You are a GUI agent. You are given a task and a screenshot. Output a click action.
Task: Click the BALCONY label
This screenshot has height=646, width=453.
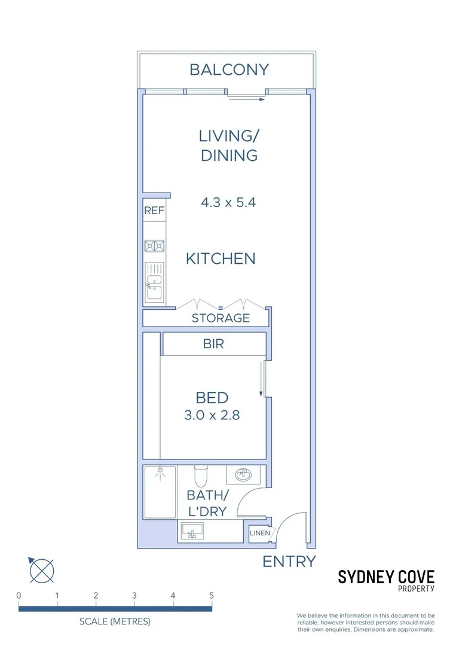click(229, 69)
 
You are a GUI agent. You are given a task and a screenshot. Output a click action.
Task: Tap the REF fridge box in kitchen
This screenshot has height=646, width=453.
click(154, 211)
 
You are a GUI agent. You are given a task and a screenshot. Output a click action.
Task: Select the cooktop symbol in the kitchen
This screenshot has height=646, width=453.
click(154, 245)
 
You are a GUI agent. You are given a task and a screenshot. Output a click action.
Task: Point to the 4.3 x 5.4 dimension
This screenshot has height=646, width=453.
click(228, 202)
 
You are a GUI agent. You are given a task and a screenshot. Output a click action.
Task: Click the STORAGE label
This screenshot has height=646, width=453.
click(221, 318)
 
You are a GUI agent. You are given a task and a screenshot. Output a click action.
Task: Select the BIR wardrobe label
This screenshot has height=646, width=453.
click(213, 345)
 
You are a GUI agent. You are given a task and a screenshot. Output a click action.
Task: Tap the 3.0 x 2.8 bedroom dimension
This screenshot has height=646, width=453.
click(212, 415)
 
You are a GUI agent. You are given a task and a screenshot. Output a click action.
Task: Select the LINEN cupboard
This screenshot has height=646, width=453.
click(259, 533)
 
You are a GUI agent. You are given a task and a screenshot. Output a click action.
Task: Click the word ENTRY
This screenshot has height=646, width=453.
click(289, 562)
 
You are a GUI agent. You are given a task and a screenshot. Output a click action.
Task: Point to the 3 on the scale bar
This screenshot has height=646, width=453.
click(134, 596)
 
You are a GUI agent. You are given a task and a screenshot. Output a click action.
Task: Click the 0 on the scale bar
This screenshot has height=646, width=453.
click(19, 596)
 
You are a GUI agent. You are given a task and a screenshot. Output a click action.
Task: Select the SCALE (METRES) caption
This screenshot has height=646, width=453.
click(115, 621)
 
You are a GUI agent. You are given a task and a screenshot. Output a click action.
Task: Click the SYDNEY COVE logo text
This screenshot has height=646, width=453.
click(386, 577)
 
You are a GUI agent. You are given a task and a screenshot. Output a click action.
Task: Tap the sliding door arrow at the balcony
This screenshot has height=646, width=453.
click(246, 100)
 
